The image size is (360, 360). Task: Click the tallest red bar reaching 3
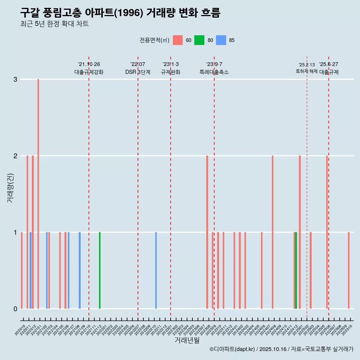point(38,193)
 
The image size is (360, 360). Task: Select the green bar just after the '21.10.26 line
point(100,270)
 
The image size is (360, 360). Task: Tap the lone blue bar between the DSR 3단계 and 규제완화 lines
point(156,270)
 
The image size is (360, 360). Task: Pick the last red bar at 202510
point(349,270)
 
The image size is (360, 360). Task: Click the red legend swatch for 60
point(178,40)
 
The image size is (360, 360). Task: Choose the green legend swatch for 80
point(199,40)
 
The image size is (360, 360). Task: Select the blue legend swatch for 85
point(221,40)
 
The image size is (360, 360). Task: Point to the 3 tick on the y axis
point(15,79)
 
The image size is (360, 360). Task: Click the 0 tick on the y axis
point(15,309)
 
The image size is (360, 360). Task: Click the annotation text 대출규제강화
point(89,72)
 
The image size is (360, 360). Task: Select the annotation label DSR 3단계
point(138,72)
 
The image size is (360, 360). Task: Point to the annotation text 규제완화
point(171,72)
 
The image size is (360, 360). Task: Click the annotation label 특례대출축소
point(214,72)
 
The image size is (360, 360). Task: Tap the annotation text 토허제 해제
point(306,71)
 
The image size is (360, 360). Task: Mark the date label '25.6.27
point(328,64)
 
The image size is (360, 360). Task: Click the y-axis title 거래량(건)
point(10,188)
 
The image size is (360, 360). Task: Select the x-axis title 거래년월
point(187,340)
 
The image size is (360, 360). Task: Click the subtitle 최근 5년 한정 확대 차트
point(54,24)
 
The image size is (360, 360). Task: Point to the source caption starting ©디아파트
point(281,349)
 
